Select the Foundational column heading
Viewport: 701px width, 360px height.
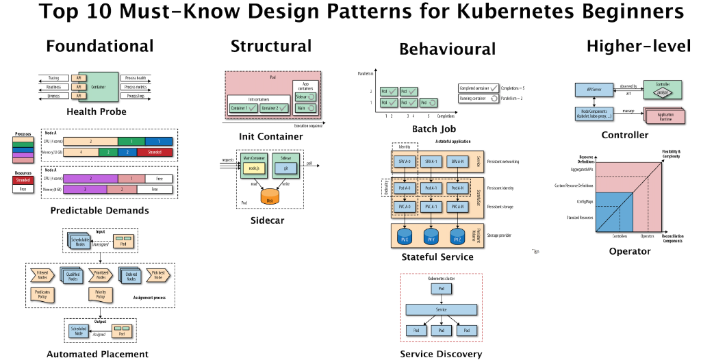pyautogui.click(x=100, y=47)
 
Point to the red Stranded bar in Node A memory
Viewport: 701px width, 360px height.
pyautogui.click(x=154, y=152)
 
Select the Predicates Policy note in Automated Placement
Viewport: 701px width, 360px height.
pyautogui.click(x=42, y=295)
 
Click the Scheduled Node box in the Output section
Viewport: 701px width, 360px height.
pyautogui.click(x=78, y=331)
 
